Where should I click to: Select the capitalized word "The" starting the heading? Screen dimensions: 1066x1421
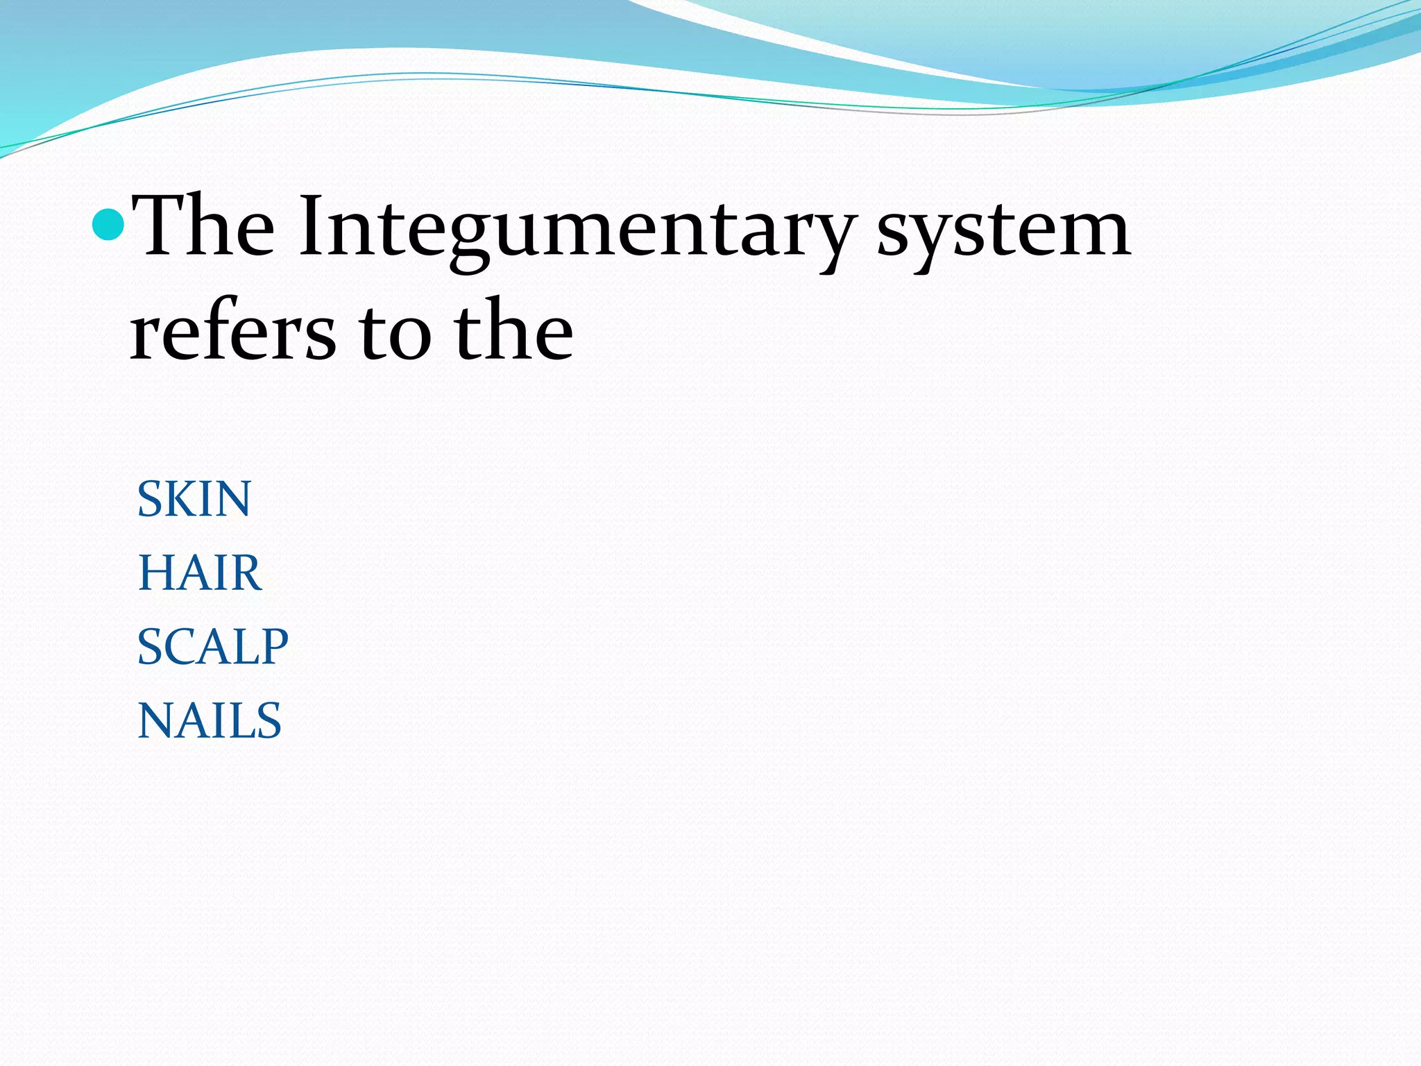[203, 226]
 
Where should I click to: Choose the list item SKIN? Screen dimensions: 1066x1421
[194, 499]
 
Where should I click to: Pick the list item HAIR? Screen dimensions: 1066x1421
[200, 573]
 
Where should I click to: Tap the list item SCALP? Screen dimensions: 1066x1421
[212, 647]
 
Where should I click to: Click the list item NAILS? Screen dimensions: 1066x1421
[210, 720]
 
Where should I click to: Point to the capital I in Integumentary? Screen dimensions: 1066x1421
[310, 226]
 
